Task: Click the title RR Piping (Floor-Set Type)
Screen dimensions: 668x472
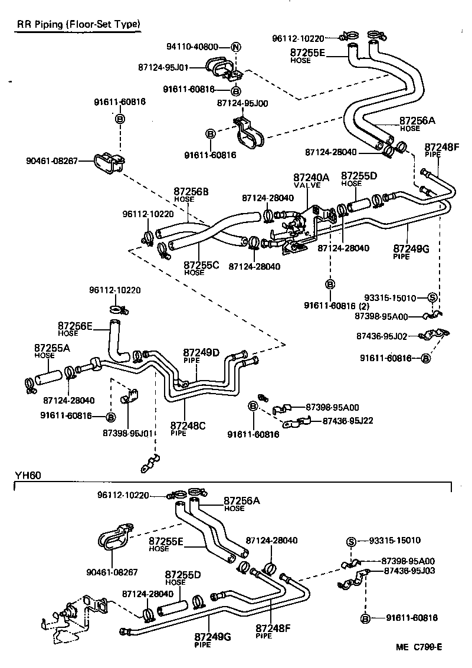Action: coord(78,24)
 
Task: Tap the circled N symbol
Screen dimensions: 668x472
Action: coord(235,47)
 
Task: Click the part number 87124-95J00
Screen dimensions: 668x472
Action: coord(242,103)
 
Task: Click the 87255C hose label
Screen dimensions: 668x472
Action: coord(201,268)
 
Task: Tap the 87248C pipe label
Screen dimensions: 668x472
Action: coord(187,428)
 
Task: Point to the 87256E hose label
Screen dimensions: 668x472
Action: coord(75,328)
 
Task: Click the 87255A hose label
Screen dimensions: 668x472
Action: coord(52,352)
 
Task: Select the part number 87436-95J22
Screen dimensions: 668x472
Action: coord(348,421)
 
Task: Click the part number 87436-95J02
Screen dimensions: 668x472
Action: coord(382,336)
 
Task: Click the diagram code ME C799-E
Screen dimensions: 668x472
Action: coord(419,647)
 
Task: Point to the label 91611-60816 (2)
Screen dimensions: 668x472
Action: coord(337,305)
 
